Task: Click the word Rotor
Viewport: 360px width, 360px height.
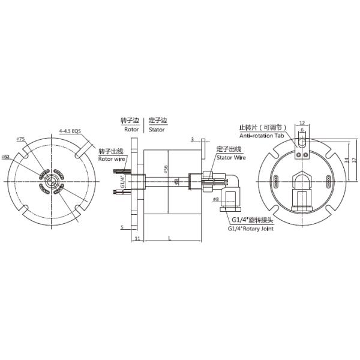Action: pos(131,129)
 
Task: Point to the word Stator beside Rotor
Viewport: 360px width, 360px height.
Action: pos(157,129)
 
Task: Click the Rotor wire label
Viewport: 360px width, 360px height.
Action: pos(112,160)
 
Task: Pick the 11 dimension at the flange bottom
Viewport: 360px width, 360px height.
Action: pos(136,239)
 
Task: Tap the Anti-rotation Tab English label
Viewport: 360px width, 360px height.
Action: pos(262,136)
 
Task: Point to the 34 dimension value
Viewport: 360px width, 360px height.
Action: pos(347,160)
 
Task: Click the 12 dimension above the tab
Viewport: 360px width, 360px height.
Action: pos(302,122)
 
